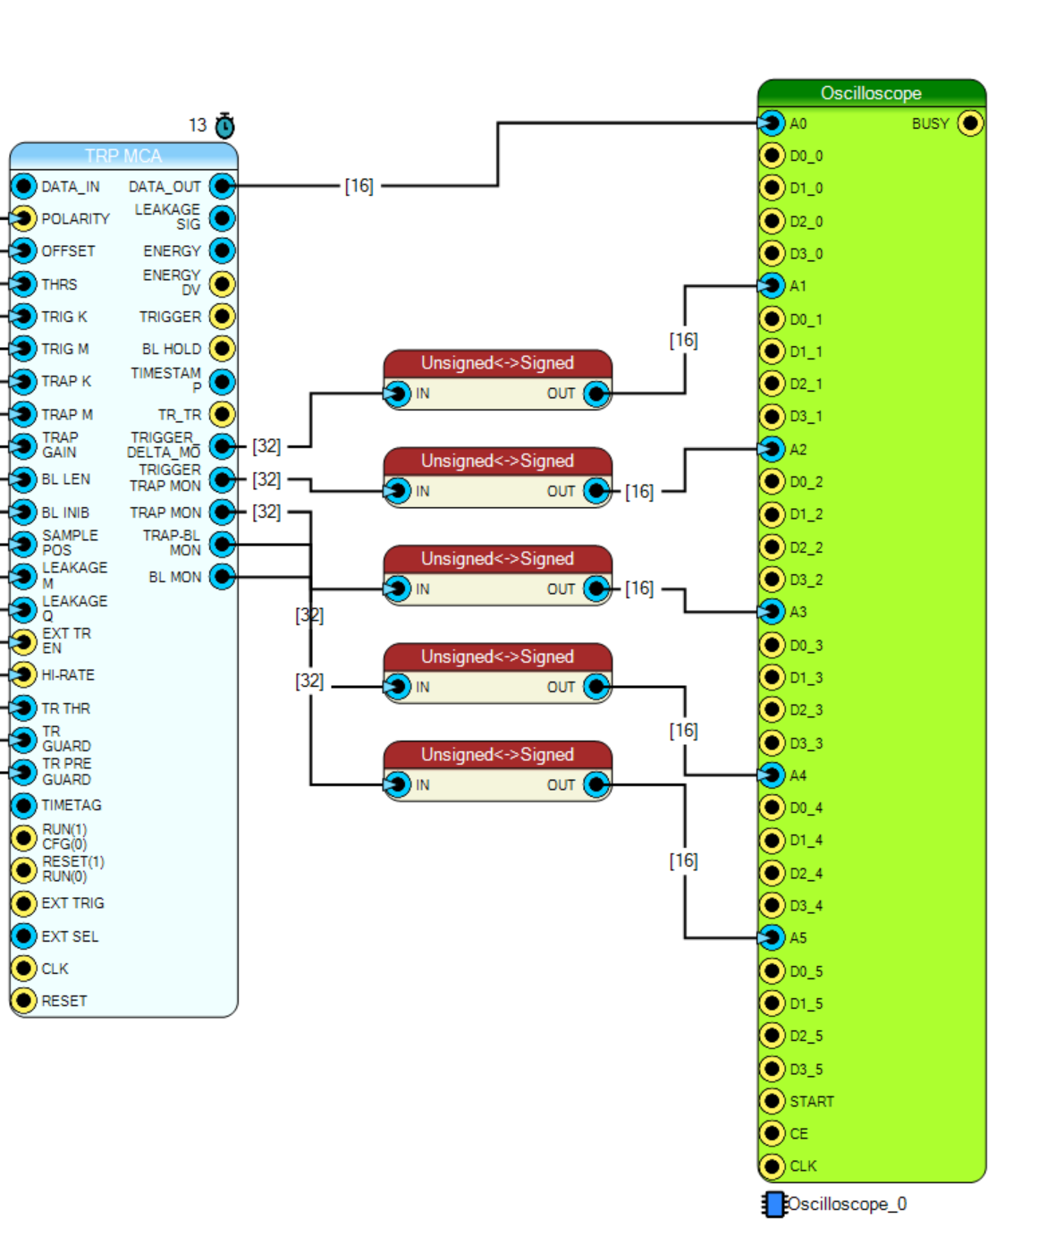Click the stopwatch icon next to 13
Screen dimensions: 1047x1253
coord(225,126)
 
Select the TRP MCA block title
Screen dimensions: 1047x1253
coord(123,156)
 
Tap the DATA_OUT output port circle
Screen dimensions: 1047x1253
coord(223,186)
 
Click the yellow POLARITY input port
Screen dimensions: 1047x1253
coord(23,218)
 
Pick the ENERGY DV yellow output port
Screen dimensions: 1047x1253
coord(223,284)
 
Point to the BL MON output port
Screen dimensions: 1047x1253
coord(223,577)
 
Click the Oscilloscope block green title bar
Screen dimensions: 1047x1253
coord(872,94)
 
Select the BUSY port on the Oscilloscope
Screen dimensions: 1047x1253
coord(970,123)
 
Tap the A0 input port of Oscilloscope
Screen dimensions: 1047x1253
coord(773,123)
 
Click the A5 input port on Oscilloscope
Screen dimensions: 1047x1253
coord(773,937)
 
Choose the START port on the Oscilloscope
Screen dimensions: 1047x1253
coord(773,1101)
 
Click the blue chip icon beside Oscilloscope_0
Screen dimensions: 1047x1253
coord(774,1205)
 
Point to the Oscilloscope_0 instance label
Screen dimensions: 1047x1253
coord(848,1204)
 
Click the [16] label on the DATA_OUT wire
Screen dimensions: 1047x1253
coord(359,186)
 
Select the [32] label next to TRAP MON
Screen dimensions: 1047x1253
coord(266,512)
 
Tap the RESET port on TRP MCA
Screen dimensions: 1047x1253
coord(23,1001)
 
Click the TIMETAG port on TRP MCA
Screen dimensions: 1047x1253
coord(23,806)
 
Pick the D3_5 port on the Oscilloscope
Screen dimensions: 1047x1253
coord(773,1069)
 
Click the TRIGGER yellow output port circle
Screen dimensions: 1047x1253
coord(223,317)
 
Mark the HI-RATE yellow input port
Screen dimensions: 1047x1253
coord(23,674)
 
